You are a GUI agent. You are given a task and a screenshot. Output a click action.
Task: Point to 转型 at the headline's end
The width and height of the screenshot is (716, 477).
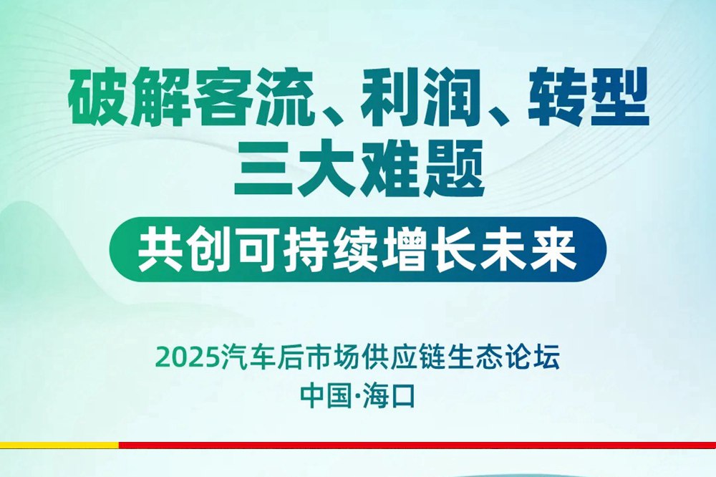(589, 97)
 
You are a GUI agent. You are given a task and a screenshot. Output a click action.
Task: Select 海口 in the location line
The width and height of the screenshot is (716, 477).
(388, 396)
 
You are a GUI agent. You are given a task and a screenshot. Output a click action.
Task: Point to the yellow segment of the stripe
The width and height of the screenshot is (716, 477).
(59, 445)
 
